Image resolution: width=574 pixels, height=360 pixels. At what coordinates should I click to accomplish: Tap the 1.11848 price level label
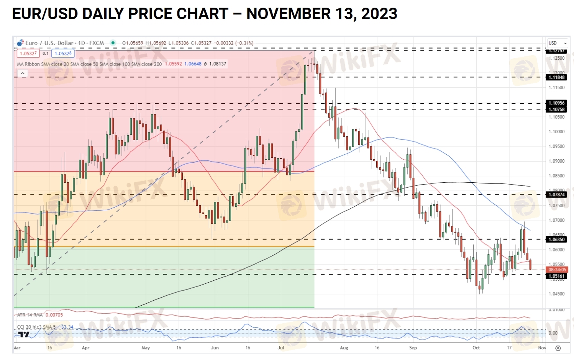[x=556, y=77]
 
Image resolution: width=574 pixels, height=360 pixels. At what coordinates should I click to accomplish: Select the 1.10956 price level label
[x=556, y=103]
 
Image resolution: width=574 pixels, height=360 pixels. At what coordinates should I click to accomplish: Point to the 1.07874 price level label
[x=556, y=195]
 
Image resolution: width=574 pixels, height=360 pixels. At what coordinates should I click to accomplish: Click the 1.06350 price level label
[x=556, y=239]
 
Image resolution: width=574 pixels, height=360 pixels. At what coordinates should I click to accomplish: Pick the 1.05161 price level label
[x=556, y=276]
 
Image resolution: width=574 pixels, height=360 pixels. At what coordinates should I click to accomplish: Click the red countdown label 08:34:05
[x=557, y=270]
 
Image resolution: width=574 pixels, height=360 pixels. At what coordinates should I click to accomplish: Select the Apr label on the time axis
[x=85, y=348]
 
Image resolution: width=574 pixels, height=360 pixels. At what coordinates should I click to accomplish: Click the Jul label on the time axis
[x=281, y=348]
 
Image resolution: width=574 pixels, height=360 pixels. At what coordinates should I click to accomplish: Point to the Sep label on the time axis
[x=413, y=348]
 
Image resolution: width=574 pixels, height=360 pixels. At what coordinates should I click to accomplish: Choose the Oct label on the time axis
[x=476, y=348]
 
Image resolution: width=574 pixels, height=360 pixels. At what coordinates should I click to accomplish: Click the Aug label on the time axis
[x=344, y=348]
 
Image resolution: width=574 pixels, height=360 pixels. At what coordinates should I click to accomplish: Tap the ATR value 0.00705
[x=54, y=315]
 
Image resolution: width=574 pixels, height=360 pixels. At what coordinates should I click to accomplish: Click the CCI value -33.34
[x=67, y=327]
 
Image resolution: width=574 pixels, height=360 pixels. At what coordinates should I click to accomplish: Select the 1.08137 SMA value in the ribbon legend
[x=218, y=64]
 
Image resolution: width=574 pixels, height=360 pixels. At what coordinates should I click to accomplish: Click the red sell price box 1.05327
[x=28, y=54]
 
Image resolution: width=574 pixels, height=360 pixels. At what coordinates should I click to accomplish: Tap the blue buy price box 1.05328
[x=63, y=54]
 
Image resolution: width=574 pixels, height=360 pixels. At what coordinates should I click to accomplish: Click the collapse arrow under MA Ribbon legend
[x=22, y=74]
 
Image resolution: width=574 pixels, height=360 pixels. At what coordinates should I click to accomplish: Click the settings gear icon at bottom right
[x=558, y=348]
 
